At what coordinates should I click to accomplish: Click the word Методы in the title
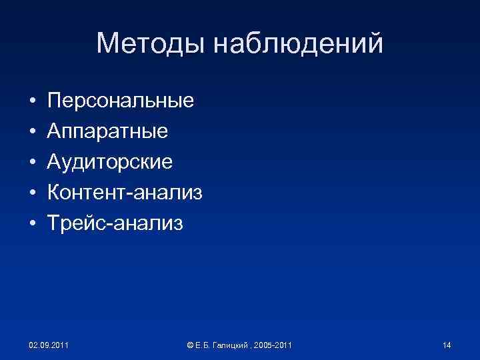click(152, 43)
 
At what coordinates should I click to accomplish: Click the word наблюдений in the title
click(300, 43)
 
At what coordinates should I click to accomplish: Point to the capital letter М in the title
click(108, 43)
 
